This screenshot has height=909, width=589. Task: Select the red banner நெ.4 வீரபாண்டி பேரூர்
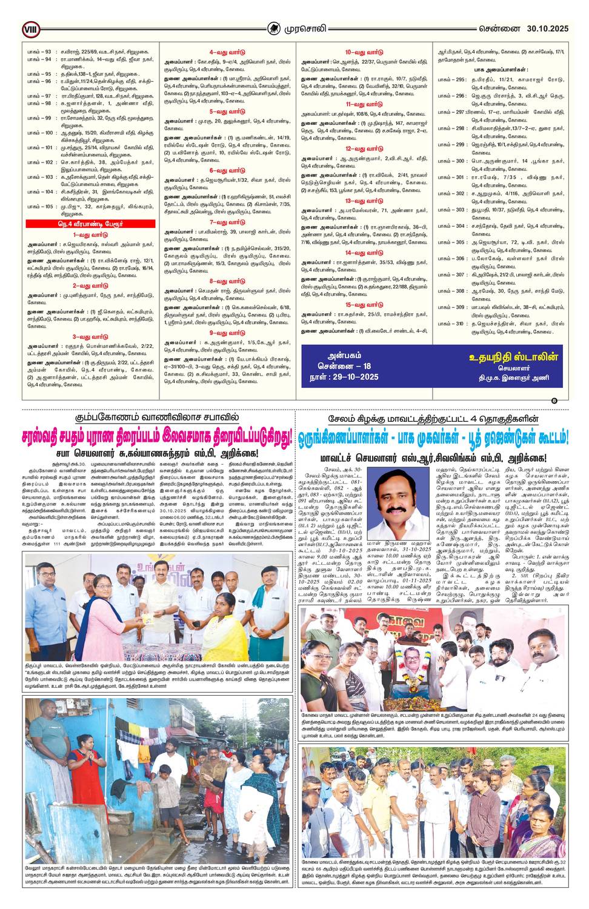click(x=90, y=224)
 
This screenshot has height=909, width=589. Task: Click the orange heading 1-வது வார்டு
click(x=90, y=235)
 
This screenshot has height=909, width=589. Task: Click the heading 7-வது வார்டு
click(x=227, y=222)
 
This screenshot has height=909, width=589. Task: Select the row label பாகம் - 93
click(x=39, y=52)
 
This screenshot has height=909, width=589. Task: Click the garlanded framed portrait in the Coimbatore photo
click(x=408, y=661)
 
